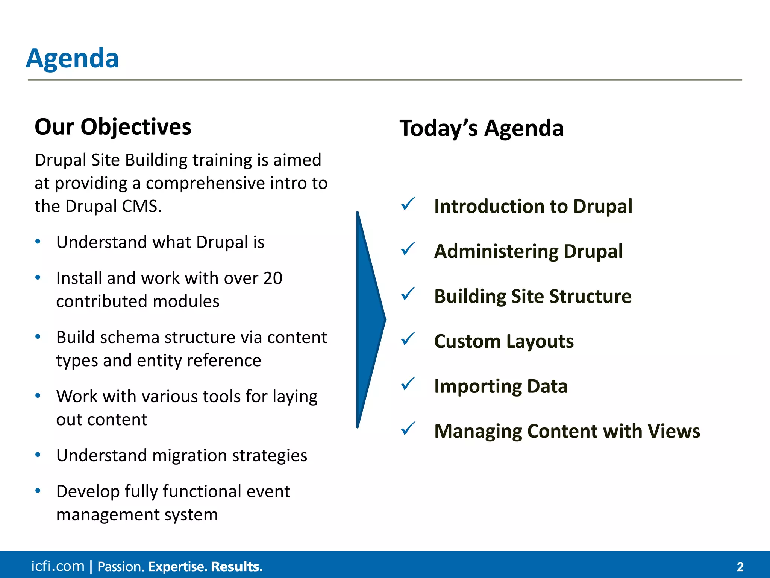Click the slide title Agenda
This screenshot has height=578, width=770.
pos(73,59)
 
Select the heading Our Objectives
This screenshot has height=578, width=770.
pos(113,127)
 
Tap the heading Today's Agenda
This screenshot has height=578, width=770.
pos(481,128)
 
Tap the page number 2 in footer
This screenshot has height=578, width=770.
pos(740,567)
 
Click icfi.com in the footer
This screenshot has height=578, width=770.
pos(58,566)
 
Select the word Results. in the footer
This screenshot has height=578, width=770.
pos(236,567)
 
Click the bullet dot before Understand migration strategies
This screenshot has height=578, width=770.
pos(38,455)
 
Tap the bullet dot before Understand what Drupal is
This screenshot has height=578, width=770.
pos(38,242)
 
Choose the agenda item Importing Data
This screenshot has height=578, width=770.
pos(500,386)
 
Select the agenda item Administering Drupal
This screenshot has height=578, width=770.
pos(528,251)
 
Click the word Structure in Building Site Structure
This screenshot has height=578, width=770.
pos(590,297)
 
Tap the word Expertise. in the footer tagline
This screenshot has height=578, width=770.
pos(177,567)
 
